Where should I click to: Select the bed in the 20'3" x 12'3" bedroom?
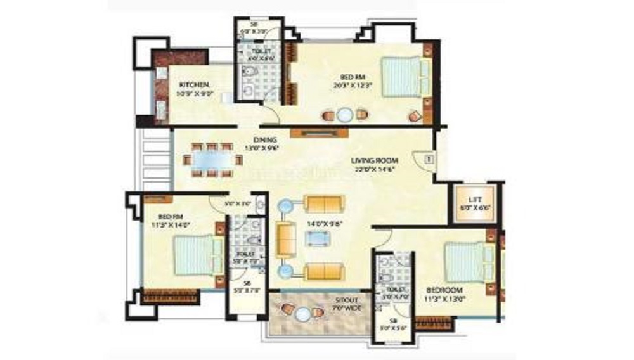point(402,76)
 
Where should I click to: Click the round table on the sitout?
point(306,313)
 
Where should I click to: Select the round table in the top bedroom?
point(344,115)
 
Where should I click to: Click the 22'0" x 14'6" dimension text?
point(375,170)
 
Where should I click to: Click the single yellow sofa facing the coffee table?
point(286,238)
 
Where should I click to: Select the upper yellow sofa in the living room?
point(324,204)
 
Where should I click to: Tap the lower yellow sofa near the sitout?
point(323,272)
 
